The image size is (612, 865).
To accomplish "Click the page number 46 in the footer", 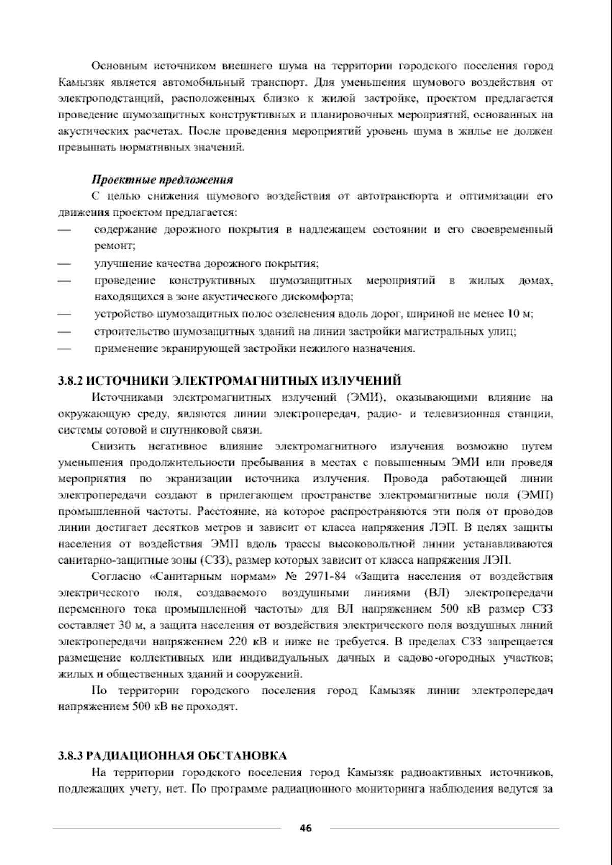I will [x=305, y=828].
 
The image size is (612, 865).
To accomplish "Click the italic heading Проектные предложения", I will [x=162, y=180].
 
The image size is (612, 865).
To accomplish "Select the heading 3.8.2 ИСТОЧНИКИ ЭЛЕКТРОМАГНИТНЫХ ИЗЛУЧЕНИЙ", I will [x=229, y=380].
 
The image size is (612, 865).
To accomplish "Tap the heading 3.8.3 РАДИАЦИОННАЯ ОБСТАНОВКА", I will [x=172, y=755].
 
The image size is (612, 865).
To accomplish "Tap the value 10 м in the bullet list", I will [x=519, y=314].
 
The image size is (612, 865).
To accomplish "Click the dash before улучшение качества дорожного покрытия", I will [x=64, y=264].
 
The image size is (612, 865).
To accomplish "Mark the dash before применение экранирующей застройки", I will [x=64, y=349].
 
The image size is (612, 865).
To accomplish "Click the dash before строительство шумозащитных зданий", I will [x=64, y=332].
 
